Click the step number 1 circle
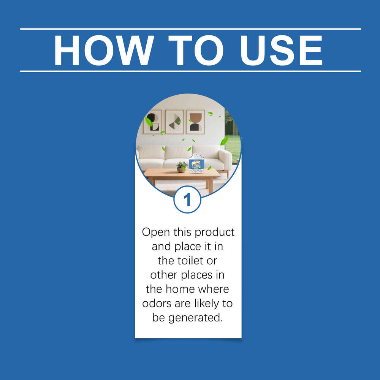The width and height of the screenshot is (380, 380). tap(187, 199)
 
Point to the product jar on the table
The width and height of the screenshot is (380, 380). tap(196, 163)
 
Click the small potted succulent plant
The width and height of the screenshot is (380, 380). tap(182, 167)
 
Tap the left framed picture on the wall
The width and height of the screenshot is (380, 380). tap(153, 122)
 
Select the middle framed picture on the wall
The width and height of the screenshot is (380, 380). tap(174, 122)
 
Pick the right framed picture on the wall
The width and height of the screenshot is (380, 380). tap(196, 122)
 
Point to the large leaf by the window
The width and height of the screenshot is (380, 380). tap(224, 141)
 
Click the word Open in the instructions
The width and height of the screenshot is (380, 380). tap(156, 232)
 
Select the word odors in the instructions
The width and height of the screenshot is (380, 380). tap(156, 303)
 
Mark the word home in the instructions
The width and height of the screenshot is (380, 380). tap(185, 289)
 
